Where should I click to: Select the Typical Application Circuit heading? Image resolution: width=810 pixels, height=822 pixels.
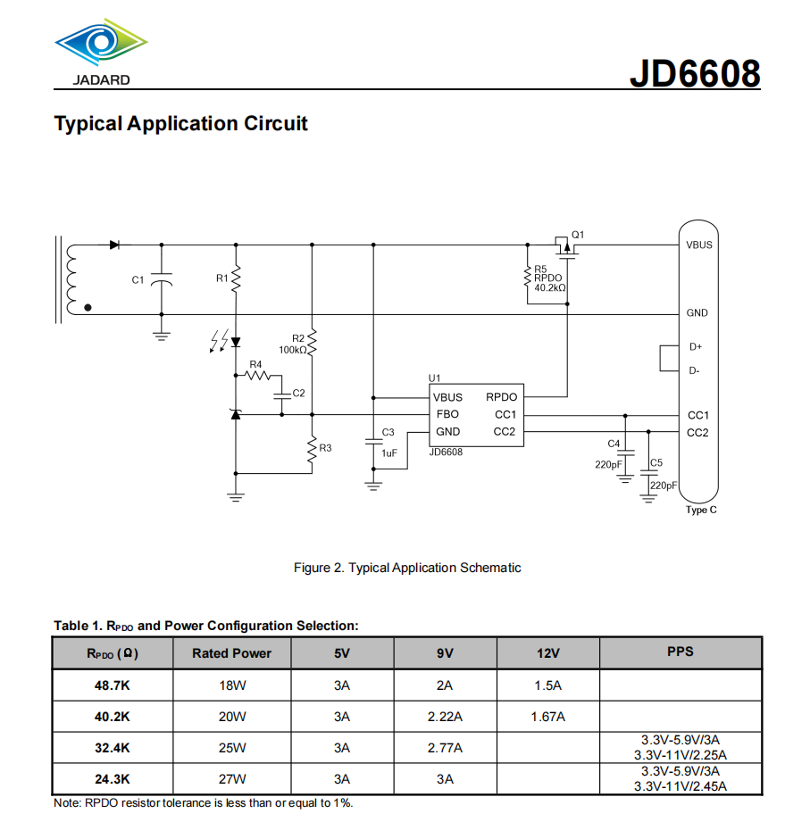click(180, 123)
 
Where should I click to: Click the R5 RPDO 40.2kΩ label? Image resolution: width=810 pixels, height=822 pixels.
click(549, 278)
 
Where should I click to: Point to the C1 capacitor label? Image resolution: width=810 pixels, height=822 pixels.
click(138, 280)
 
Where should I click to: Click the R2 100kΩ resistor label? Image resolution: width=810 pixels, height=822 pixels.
click(294, 344)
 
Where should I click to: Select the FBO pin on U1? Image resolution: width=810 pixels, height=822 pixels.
click(447, 414)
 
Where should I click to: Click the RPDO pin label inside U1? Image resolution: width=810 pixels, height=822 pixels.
click(501, 397)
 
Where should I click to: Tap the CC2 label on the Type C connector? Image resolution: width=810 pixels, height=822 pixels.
click(697, 433)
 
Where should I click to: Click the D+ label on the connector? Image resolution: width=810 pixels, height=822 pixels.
click(696, 347)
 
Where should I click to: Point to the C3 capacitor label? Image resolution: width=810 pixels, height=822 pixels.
click(388, 432)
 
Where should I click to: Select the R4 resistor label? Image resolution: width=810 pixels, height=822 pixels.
click(255, 364)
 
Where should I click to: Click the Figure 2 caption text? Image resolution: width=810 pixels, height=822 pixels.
click(407, 568)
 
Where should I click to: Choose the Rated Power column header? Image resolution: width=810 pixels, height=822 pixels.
click(231, 653)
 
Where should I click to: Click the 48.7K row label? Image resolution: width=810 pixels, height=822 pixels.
click(112, 685)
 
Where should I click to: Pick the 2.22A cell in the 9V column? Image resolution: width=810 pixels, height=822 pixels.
click(445, 717)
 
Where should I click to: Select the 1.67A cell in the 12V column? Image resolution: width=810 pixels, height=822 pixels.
click(547, 717)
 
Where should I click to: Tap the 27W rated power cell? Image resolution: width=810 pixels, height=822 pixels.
click(231, 778)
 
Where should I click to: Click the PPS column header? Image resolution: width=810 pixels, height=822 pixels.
click(681, 652)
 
